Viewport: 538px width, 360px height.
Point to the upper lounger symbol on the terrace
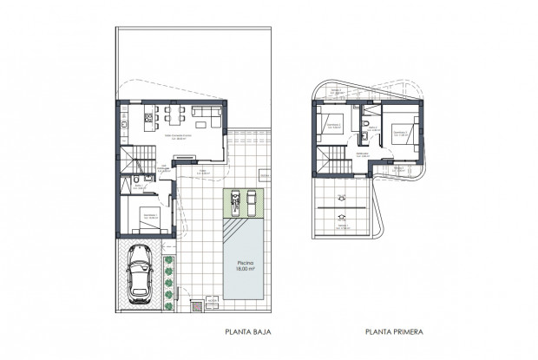343,198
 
